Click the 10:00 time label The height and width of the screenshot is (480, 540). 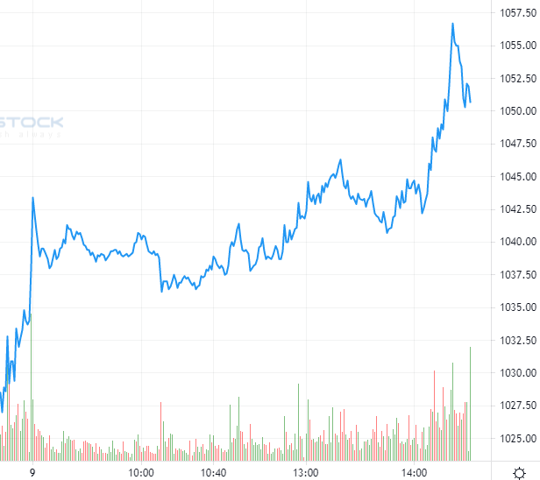click(142, 473)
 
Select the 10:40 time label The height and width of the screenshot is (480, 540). click(215, 473)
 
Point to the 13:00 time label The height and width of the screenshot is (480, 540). click(306, 473)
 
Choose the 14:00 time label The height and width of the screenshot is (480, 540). click(415, 473)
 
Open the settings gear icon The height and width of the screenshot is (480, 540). click(519, 472)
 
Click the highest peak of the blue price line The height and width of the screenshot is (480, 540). click(453, 24)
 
